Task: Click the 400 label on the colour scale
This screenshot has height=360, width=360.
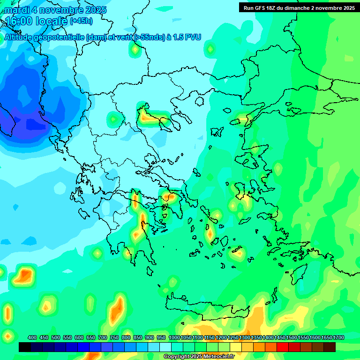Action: point(32,337)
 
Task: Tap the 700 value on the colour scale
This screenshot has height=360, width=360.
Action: point(103,337)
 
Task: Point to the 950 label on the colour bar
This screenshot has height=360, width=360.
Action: point(161,337)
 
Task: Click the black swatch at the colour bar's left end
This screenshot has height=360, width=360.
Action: point(25,347)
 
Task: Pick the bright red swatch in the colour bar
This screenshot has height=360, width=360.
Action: point(283,347)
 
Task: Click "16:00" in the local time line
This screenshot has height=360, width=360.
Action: point(18,21)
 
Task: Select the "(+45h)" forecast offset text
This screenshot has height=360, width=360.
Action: point(81,21)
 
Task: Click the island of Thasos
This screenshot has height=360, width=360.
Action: point(199,101)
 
